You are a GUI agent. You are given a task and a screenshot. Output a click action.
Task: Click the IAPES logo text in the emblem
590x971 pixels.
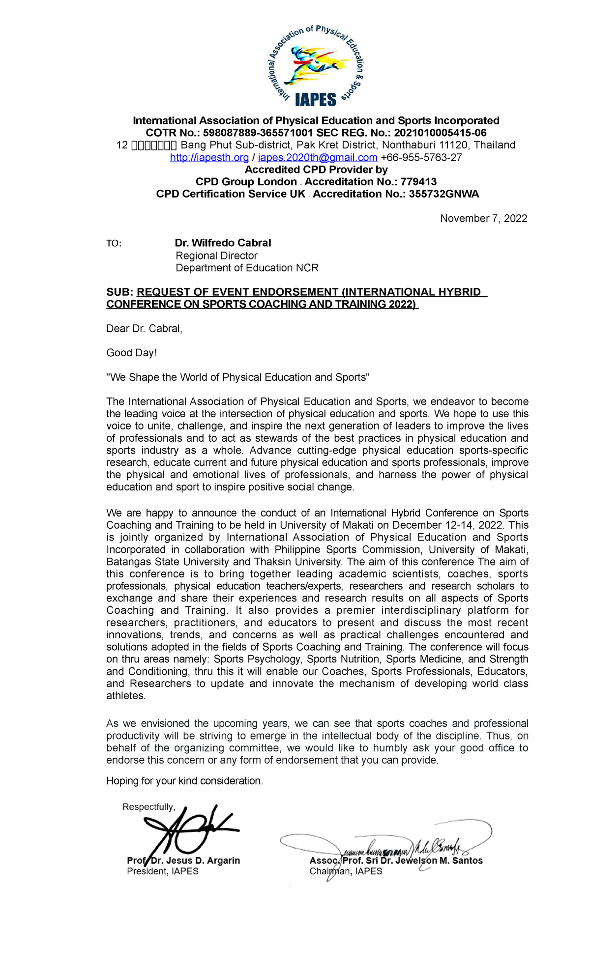(315, 100)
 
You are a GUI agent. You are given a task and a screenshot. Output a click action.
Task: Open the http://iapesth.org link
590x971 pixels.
(209, 157)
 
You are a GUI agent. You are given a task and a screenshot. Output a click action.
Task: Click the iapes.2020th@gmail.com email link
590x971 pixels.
(318, 157)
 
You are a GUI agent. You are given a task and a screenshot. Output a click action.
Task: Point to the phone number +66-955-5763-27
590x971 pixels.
(421, 157)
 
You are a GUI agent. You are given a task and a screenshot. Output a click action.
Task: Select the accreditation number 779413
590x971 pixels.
(418, 182)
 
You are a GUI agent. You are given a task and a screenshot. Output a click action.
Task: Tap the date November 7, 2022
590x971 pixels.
(483, 218)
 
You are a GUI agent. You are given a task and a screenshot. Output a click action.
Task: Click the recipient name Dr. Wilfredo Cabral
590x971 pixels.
(223, 243)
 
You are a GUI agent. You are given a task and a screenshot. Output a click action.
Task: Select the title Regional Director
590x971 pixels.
(216, 256)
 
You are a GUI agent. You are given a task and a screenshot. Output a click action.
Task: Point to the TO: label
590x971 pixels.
(114, 244)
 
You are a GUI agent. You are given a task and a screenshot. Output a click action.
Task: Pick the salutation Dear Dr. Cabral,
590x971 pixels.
(144, 329)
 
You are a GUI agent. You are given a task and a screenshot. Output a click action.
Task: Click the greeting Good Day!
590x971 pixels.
(131, 353)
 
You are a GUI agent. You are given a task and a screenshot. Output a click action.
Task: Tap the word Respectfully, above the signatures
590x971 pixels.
(148, 807)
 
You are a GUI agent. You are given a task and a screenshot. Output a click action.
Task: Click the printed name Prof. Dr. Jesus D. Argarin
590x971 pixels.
(183, 860)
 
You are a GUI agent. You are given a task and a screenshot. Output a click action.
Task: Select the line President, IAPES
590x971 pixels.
(163, 871)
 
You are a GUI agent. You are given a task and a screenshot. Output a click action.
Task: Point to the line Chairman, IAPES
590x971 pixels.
(346, 871)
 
